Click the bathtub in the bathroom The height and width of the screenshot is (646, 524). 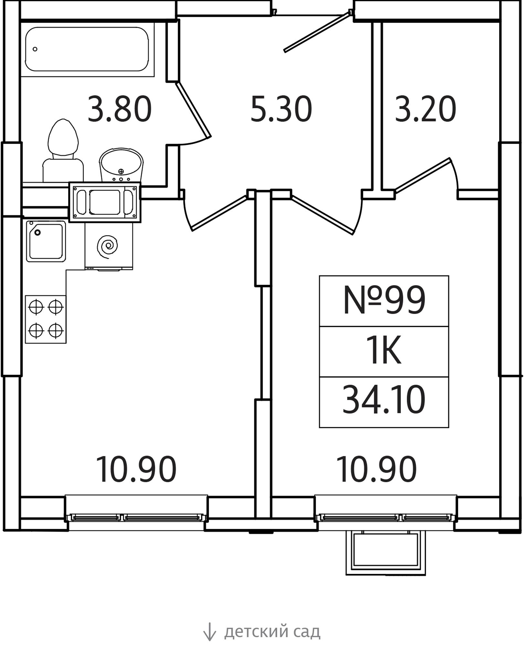click(x=87, y=49)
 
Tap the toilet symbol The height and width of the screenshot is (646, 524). click(x=63, y=151)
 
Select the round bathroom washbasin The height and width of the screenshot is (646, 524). click(x=121, y=165)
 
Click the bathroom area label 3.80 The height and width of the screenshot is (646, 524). click(x=120, y=109)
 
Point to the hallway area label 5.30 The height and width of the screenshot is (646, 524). click(x=281, y=109)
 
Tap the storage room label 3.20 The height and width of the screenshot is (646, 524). click(x=425, y=109)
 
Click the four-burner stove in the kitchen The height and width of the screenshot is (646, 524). click(x=46, y=319)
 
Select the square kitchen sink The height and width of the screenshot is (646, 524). click(x=46, y=241)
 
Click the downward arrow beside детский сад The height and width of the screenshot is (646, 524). click(x=209, y=631)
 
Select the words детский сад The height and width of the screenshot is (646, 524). click(x=272, y=631)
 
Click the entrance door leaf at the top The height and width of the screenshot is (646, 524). click(x=318, y=31)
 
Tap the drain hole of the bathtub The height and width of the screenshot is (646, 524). click(x=35, y=49)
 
